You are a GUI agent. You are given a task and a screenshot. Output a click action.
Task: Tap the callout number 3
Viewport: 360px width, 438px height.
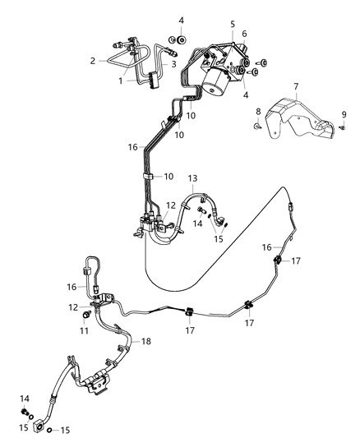click(174, 63)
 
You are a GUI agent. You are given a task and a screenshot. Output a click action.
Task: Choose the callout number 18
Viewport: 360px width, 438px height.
click(146, 340)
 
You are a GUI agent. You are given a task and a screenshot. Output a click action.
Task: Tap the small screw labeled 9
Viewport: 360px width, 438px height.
click(342, 127)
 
